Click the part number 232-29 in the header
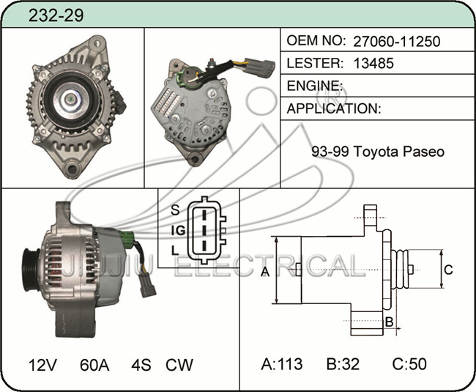pos(56,15)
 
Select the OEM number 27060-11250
pos(396,41)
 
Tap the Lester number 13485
pos(373,63)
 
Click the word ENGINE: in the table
pos(314,86)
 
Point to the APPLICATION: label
pos(334,108)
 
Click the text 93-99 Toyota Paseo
pos(378,151)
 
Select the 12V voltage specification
pos(42,365)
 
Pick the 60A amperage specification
pos(94,365)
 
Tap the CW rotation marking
pos(179,365)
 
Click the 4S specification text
pos(141,365)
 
